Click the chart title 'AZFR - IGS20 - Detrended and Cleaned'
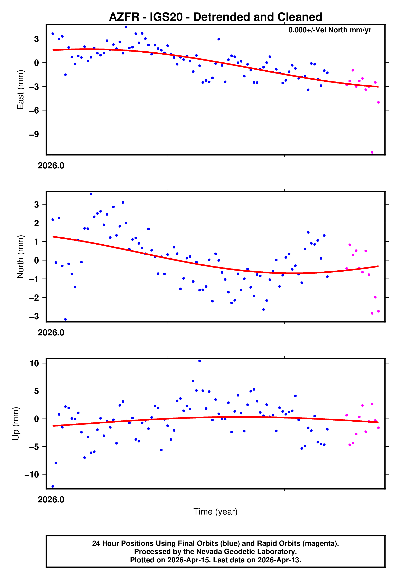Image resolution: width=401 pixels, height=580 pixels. click(x=215, y=17)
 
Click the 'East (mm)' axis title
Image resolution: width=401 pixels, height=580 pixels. click(x=20, y=90)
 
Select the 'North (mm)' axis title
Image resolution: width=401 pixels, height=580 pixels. click(x=20, y=257)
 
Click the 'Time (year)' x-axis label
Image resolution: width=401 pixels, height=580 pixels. click(x=215, y=512)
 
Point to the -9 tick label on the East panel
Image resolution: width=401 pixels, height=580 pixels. click(x=34, y=134)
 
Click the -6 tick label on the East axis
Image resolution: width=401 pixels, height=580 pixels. click(x=34, y=110)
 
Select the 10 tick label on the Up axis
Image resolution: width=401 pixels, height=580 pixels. click(x=34, y=363)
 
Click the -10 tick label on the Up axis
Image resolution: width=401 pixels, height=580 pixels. click(x=32, y=475)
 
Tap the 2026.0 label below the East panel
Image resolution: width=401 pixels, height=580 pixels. click(x=51, y=166)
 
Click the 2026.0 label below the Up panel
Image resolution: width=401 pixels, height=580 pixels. click(x=51, y=500)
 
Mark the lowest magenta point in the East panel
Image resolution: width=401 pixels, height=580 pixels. click(x=372, y=152)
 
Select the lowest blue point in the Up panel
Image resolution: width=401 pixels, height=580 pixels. click(x=53, y=486)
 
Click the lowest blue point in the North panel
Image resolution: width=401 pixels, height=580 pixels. click(x=65, y=319)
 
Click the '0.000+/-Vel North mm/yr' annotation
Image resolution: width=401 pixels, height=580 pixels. click(x=330, y=30)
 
